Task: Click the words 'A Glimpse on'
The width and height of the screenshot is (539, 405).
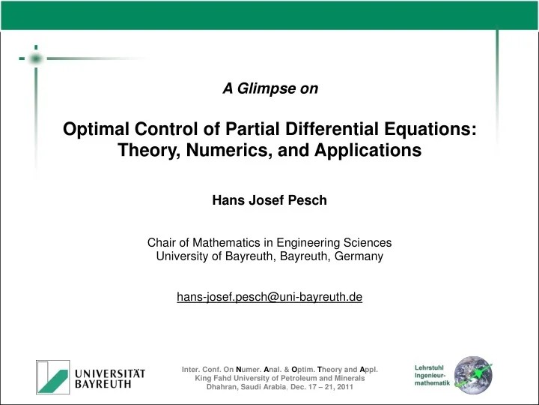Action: click(270, 88)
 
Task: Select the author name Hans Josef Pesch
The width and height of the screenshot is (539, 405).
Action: click(269, 200)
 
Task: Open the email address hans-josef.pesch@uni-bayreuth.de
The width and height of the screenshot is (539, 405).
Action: click(269, 297)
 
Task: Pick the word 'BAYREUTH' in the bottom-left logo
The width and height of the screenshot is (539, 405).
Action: click(103, 383)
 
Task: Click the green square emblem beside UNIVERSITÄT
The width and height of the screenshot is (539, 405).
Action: click(52, 376)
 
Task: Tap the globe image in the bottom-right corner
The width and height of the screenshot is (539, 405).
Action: click(473, 375)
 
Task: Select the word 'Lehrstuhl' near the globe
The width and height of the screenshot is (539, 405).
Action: click(430, 367)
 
